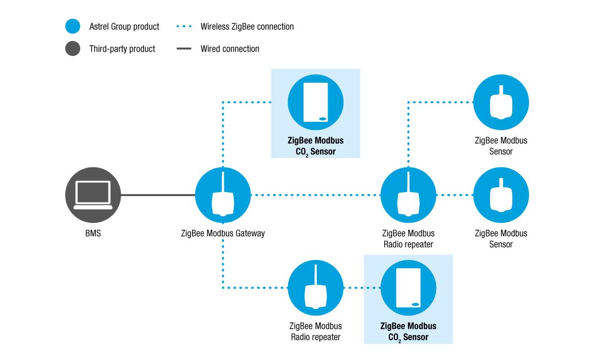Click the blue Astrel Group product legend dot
coord(73,26)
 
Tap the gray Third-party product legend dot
coord(73,49)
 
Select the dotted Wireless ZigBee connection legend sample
coord(184,26)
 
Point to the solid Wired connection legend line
coord(184,49)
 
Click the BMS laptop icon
coord(93,195)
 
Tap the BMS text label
coord(93,233)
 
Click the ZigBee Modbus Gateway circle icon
coord(223,195)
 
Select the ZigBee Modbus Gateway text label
coord(223,233)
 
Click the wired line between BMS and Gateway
coord(158,195)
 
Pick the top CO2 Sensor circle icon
coord(316,102)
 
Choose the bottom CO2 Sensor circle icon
coord(408,288)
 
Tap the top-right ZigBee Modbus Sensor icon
coord(501,102)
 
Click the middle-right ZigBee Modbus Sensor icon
coord(501,195)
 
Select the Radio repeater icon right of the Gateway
coord(408,195)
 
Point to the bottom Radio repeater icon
coord(316,288)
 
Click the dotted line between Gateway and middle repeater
coord(316,195)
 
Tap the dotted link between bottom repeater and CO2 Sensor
coord(362,288)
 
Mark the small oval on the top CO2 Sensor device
coord(323,118)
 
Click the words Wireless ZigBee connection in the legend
coord(247,27)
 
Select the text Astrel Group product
coord(124,27)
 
